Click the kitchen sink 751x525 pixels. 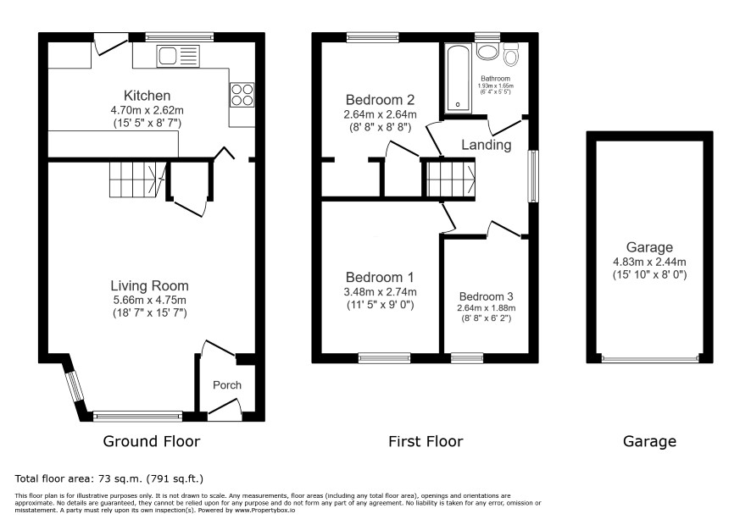point(178,56)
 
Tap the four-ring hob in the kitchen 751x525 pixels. point(242,95)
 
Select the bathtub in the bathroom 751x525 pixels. point(459,79)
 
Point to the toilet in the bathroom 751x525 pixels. point(511,54)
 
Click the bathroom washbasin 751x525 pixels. point(488,52)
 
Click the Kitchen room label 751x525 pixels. point(147,96)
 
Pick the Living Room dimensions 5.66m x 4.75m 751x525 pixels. point(149,300)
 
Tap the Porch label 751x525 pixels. point(227,385)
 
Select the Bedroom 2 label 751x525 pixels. point(380,100)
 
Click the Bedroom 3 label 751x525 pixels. point(487,296)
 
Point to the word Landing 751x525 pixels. point(487,145)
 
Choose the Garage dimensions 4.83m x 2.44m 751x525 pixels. point(649,262)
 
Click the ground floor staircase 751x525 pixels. point(137,180)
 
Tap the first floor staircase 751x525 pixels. point(451,180)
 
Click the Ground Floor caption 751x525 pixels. point(152,441)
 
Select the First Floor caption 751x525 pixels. point(426,441)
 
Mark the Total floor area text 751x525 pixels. point(109,478)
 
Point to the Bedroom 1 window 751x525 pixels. point(385,358)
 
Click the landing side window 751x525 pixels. point(533,176)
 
